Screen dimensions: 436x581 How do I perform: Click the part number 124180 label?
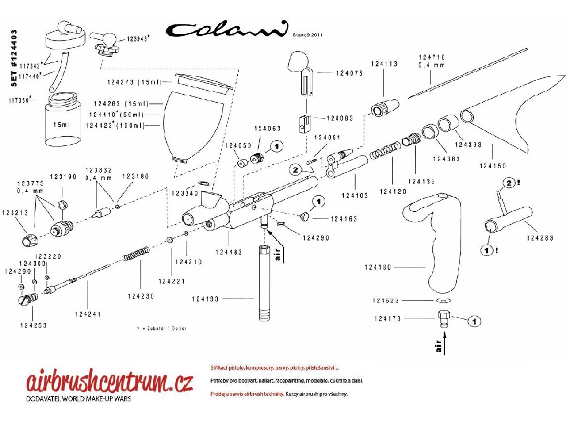[x=377, y=266]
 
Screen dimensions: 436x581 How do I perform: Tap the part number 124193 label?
[x=207, y=299]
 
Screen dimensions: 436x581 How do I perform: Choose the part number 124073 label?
[x=352, y=73]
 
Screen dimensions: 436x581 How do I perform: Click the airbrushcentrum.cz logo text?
[x=110, y=382]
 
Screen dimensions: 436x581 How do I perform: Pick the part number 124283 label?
[x=540, y=238]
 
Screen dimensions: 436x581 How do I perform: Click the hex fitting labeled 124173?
[x=444, y=319]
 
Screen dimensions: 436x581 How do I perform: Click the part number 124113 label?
[x=384, y=64]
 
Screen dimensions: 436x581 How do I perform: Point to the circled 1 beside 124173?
[x=475, y=321]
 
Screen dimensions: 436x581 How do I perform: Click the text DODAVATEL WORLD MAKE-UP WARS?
[x=79, y=399]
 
